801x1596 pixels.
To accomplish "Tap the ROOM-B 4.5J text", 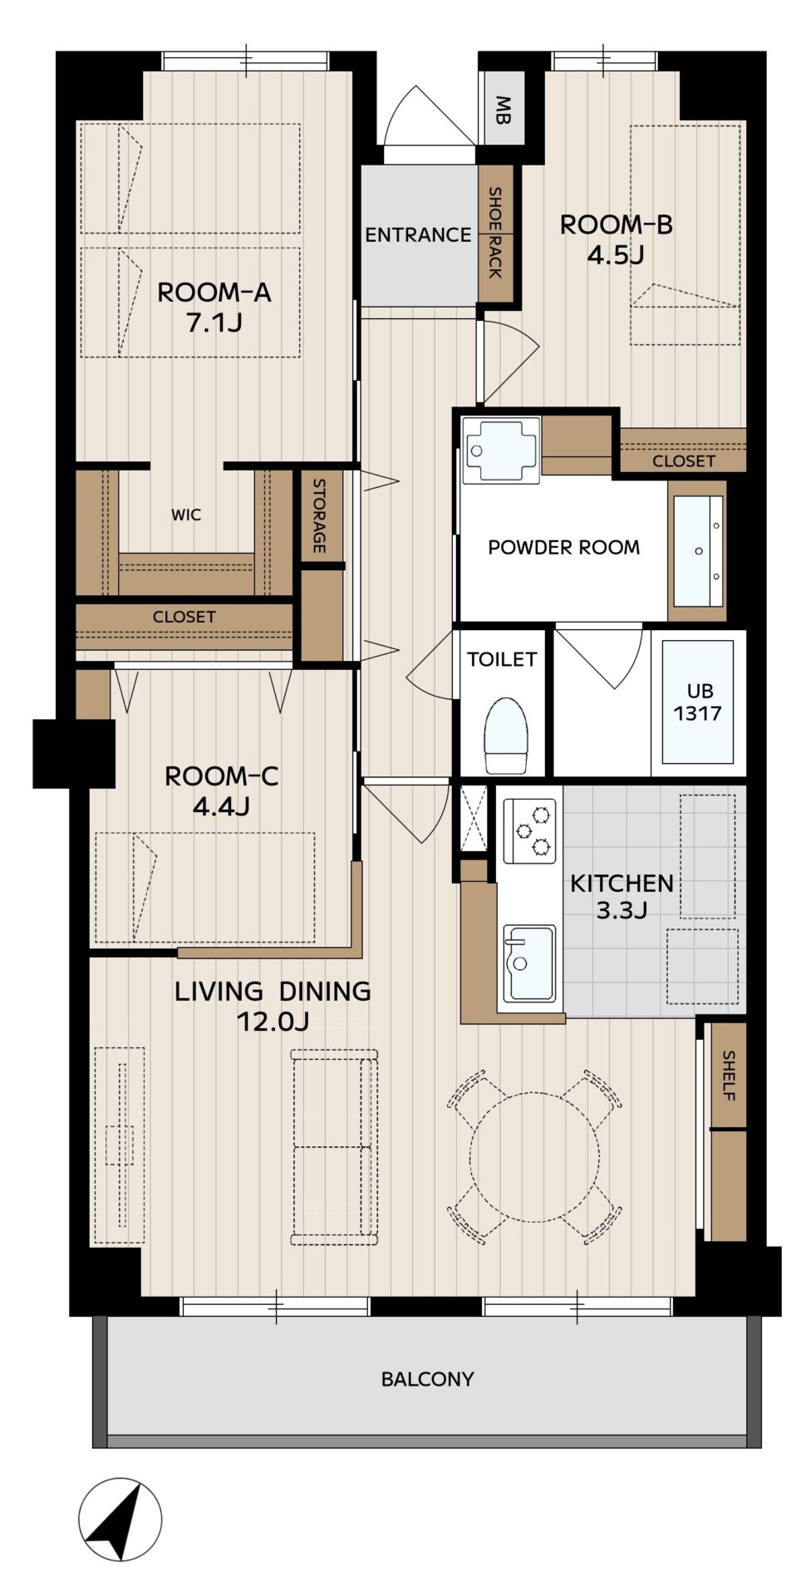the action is coord(616,239).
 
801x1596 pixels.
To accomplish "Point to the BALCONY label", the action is coord(427,1379).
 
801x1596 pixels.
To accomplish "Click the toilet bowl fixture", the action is coord(506,736).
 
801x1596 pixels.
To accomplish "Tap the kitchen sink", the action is coord(529,963).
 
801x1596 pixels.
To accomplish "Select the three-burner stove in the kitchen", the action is coord(529,830).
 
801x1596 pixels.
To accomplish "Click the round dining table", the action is coord(534,1157).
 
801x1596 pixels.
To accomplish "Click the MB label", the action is coord(504,109).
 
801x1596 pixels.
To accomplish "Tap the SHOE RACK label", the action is coord(495,233).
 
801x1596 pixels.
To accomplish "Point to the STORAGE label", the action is coord(320,515).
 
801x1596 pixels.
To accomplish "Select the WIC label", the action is coord(186,515).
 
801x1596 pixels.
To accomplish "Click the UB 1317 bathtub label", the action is coord(697,702).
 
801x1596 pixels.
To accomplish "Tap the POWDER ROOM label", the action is coord(563,547).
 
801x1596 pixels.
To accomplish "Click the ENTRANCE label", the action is coord(418,234).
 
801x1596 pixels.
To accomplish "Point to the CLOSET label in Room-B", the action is coord(683,461).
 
